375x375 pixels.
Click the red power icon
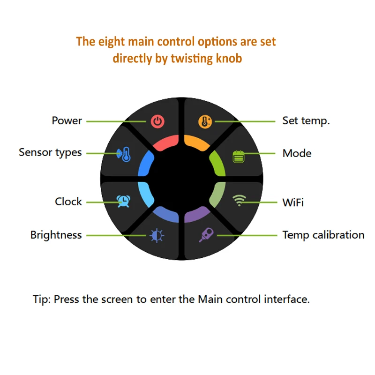[158, 122]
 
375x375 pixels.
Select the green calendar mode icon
[239, 157]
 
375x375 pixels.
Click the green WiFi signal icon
[239, 202]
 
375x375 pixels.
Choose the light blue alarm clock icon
[123, 201]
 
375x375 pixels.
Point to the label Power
[67, 120]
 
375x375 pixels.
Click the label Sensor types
[50, 152]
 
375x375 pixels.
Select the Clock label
[68, 202]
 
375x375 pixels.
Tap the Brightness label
[56, 235]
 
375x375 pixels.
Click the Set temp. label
[306, 120]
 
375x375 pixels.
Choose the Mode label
[297, 153]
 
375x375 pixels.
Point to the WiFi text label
[293, 202]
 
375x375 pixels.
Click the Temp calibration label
[323, 235]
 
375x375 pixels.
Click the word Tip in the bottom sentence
[41, 299]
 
